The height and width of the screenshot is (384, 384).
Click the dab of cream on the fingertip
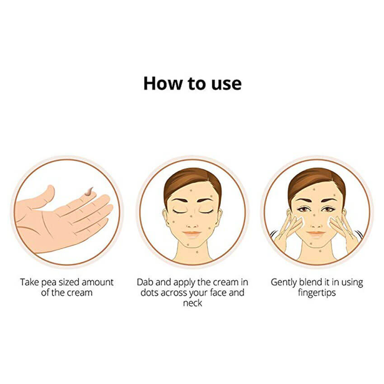89,192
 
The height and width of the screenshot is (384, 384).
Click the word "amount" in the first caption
98,282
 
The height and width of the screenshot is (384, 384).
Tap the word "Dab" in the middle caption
145,282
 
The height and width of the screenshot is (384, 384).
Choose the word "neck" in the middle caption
192,303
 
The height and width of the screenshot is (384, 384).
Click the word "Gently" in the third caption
284,283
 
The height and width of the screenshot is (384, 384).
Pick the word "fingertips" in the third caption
317,293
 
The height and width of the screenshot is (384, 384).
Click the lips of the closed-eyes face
192,234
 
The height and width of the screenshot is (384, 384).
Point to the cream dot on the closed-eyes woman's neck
197,252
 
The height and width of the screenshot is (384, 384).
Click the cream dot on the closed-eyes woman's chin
188,244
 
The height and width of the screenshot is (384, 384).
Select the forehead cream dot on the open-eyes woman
314,189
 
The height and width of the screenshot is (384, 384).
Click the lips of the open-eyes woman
316,234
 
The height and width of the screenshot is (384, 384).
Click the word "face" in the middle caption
219,293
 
